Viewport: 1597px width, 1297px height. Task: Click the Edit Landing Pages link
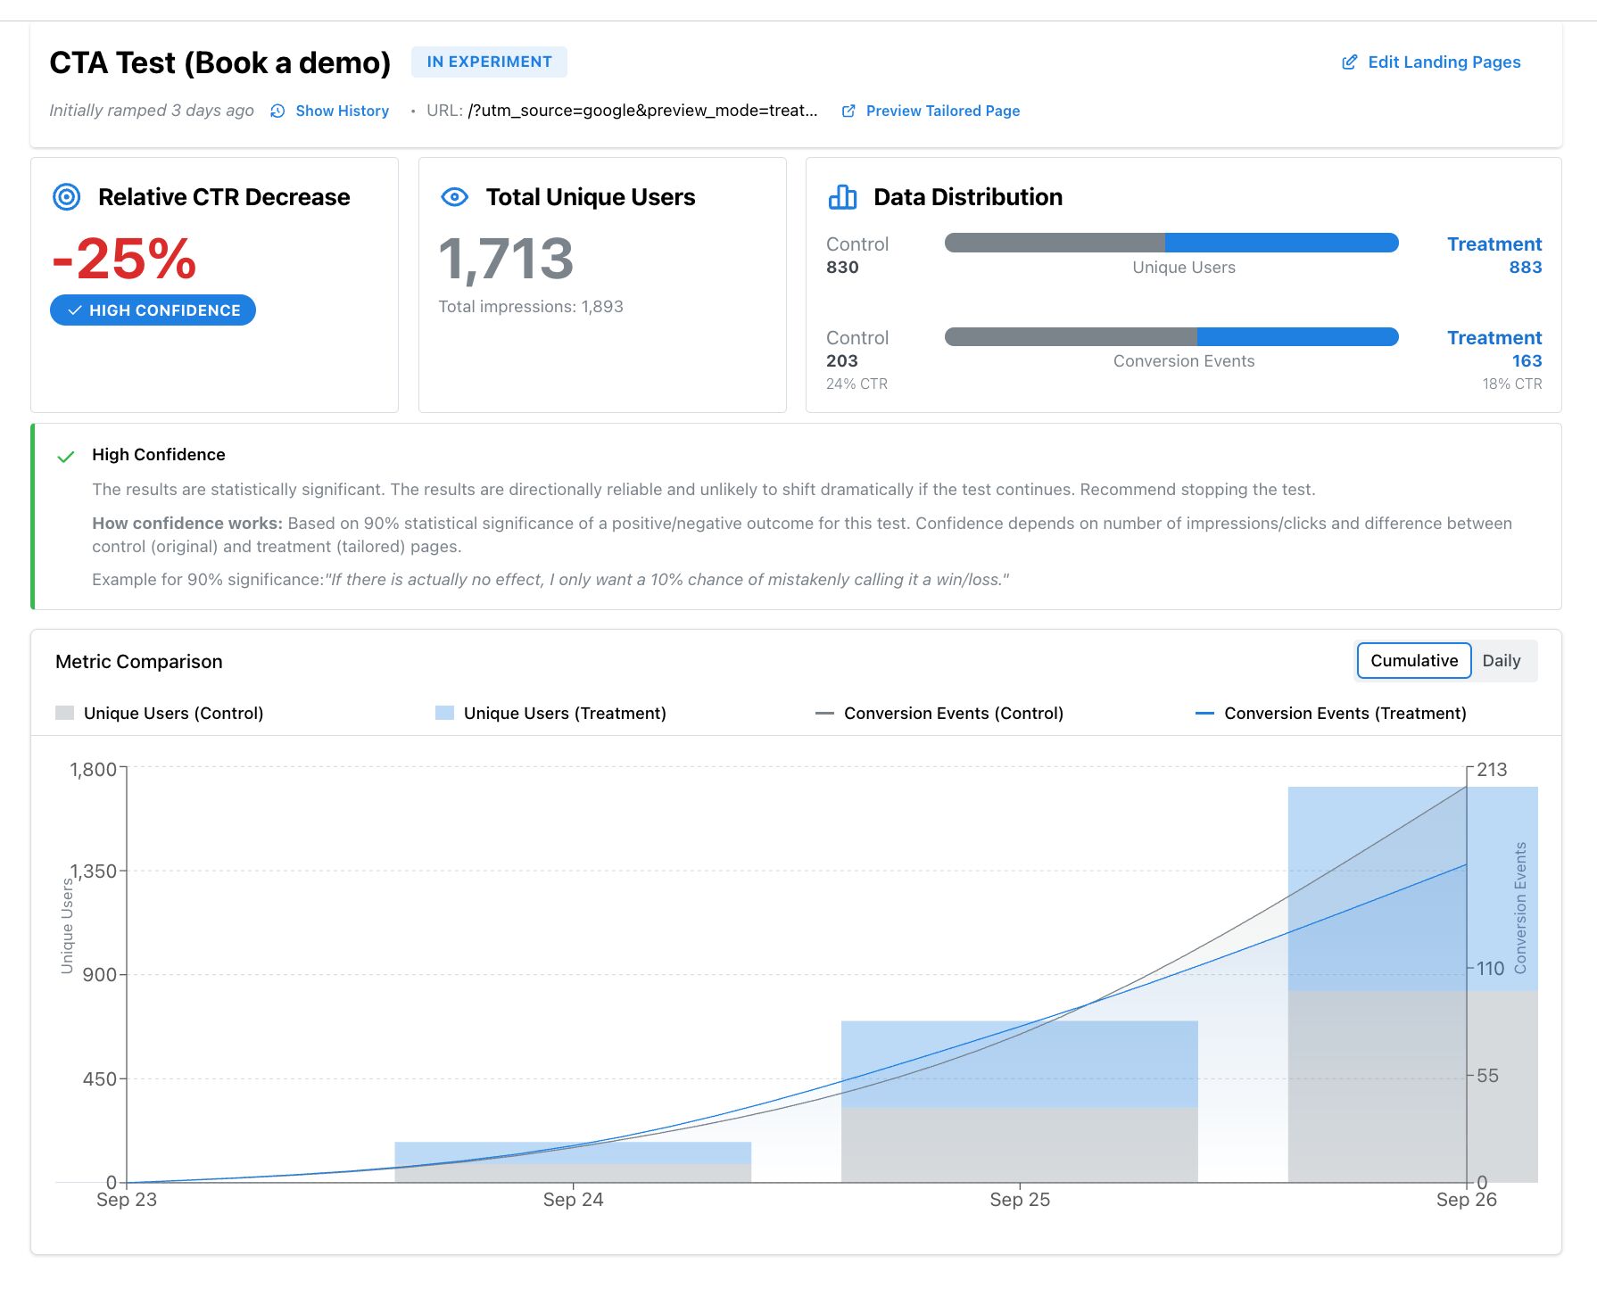pos(1432,62)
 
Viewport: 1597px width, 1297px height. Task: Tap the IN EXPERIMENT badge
pos(489,62)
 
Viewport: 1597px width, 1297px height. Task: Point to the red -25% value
pos(125,259)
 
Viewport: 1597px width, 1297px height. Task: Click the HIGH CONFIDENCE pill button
pos(153,310)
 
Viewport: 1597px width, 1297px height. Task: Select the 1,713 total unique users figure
pos(506,260)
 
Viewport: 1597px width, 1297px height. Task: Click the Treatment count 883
pos(1525,267)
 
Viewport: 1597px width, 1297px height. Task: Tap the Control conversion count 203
pos(841,360)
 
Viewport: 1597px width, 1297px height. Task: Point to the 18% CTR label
pos(1511,384)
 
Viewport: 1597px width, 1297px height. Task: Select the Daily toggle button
pos(1501,661)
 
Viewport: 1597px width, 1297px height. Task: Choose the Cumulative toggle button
pos(1413,661)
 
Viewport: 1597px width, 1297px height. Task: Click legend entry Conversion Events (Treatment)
pos(1345,713)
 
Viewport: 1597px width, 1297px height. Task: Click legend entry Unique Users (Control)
pos(173,713)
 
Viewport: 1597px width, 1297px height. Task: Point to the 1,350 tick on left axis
pos(95,872)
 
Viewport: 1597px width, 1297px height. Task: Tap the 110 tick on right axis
pos(1490,968)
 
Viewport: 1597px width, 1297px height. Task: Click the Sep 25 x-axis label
pos(1019,1200)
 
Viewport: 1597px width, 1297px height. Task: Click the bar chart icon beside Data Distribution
pos(842,197)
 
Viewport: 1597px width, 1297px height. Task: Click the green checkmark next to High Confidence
pos(66,457)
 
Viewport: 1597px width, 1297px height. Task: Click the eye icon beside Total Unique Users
pos(455,197)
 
